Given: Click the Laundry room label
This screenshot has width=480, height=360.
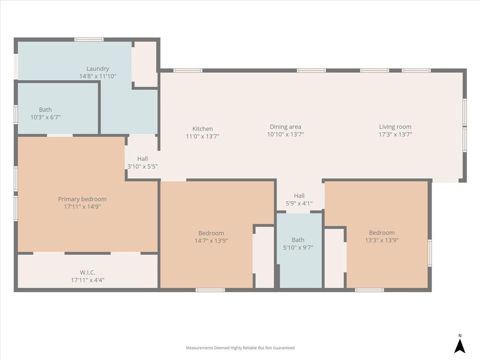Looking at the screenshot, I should click(97, 68).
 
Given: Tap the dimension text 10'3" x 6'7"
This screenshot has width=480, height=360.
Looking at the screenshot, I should click(45, 118).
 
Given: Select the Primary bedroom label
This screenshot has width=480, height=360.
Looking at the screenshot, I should click(82, 199).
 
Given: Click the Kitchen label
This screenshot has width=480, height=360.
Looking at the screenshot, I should click(202, 129).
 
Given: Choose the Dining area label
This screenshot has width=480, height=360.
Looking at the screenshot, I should click(285, 127).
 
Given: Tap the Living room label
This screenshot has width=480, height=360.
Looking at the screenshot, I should click(395, 127).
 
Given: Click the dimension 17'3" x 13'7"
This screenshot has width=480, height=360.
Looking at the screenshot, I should click(395, 135).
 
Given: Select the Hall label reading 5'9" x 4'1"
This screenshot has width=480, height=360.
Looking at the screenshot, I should click(299, 196).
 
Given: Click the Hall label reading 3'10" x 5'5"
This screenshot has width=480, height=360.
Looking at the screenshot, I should click(142, 159).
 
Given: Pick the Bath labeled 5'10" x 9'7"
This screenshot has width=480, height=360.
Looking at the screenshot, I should click(298, 240).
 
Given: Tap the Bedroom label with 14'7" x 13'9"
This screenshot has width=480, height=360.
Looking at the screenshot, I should click(211, 233).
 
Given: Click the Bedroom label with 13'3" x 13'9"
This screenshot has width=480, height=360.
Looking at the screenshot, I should click(382, 232).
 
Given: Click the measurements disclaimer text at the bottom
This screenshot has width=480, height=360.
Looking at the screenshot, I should click(240, 348).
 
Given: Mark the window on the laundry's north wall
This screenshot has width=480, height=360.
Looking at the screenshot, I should click(89, 39).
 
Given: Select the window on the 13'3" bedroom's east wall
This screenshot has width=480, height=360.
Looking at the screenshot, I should click(430, 253).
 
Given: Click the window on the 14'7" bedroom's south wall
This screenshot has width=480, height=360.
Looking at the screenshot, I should click(210, 290).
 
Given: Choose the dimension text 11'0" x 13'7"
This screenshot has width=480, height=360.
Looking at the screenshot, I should click(202, 137).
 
